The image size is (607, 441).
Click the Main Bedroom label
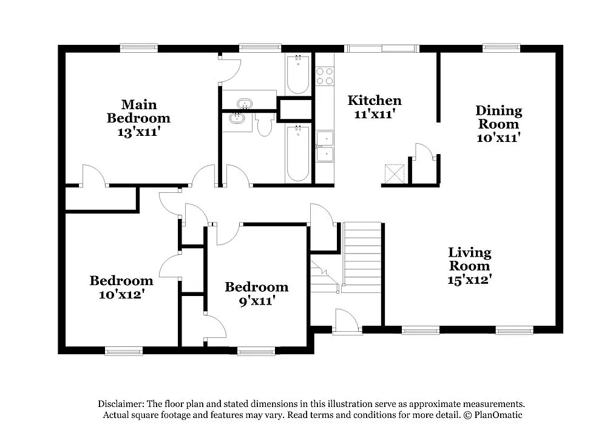pos(138,111)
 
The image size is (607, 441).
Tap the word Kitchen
pos(374,100)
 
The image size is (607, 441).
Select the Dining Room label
pos(498,117)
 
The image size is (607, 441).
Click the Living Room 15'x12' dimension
pos(470,279)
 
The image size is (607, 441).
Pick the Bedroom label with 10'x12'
pos(121,281)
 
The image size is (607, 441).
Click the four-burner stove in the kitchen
pos(325,76)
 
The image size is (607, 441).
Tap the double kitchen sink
pos(325,147)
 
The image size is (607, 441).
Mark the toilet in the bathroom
pos(264,125)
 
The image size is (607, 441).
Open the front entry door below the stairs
pos(347,321)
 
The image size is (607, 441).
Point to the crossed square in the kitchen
pos(396,173)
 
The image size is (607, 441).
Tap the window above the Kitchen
pos(382,48)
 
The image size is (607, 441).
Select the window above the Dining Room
pos(501,48)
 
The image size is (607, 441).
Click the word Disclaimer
pos(120,404)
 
